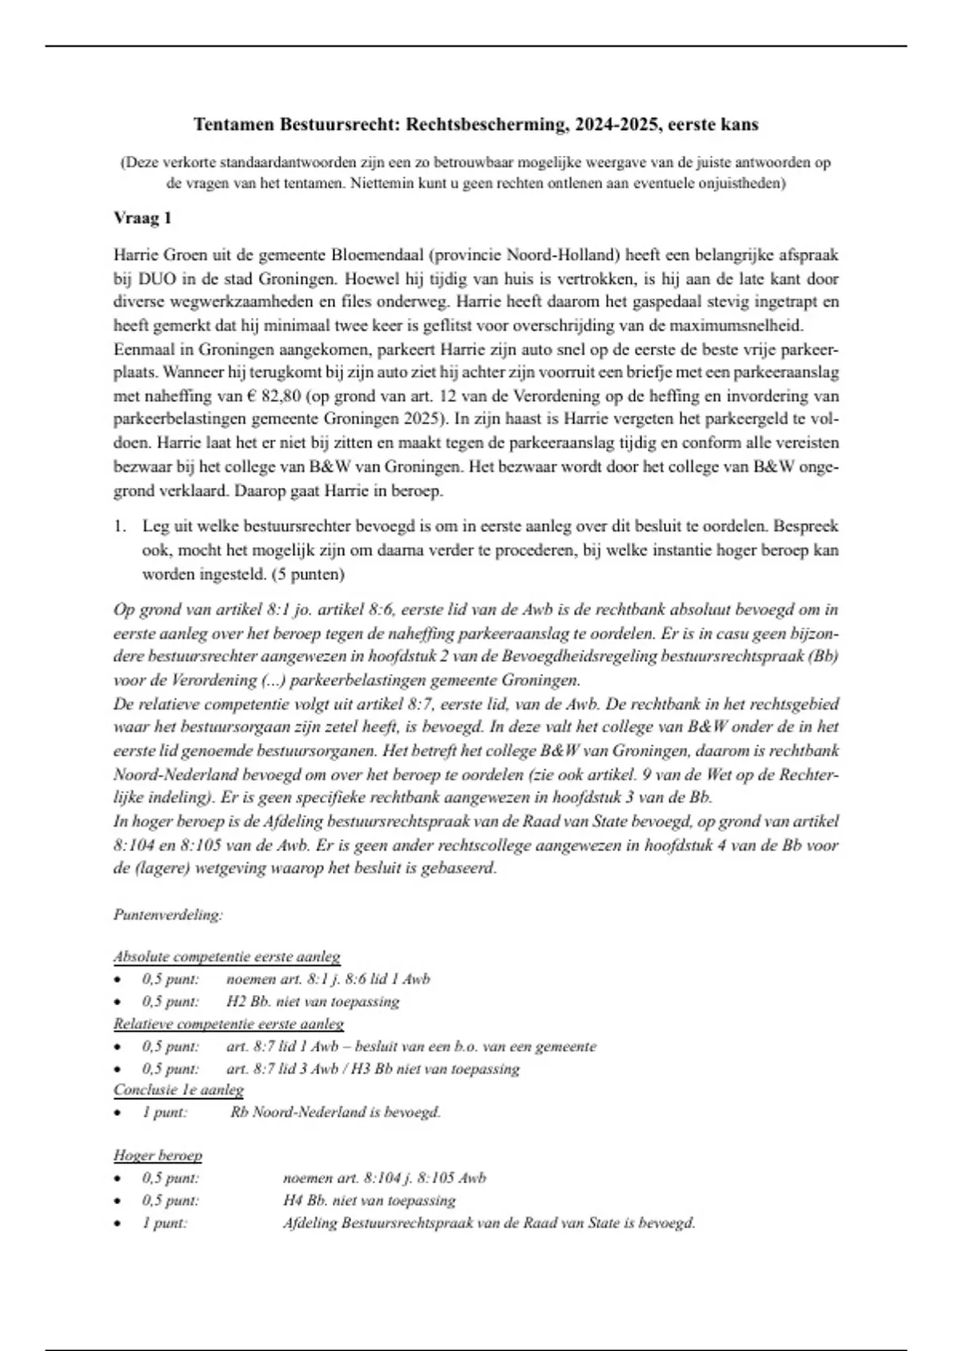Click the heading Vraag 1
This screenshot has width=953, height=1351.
(x=143, y=218)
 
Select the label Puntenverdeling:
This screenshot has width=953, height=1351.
(x=168, y=915)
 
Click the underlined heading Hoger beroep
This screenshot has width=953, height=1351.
(x=157, y=1156)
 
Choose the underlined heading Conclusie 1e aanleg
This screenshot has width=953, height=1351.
(x=179, y=1090)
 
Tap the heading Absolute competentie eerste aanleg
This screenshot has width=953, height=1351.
(x=226, y=957)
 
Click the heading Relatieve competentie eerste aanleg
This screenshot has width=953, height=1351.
(x=228, y=1024)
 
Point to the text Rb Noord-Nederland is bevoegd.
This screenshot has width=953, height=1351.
(x=335, y=1112)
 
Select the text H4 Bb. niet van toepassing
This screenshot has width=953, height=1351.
(x=369, y=1200)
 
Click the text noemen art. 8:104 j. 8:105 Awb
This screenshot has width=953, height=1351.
(x=384, y=1178)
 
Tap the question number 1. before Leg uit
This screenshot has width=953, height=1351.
(x=120, y=526)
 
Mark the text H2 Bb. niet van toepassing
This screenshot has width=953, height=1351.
(x=312, y=1001)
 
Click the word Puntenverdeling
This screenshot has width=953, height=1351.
(x=166, y=915)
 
